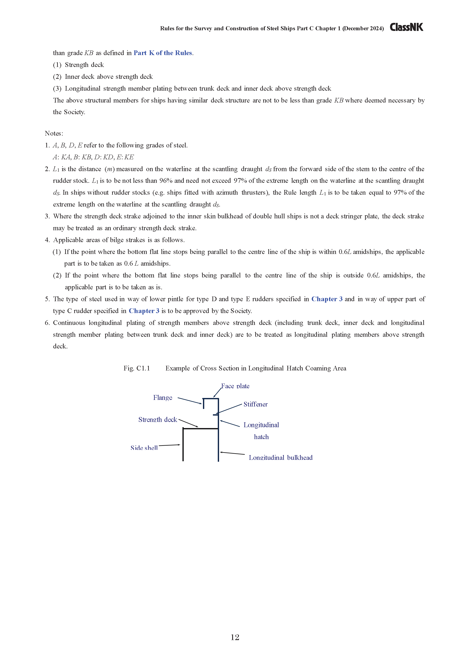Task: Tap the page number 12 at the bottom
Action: click(x=235, y=637)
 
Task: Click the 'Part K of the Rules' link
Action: click(x=163, y=53)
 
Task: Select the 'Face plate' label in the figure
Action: click(x=235, y=386)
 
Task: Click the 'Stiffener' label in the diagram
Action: click(x=255, y=404)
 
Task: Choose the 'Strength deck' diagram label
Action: click(x=157, y=420)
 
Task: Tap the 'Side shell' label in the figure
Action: click(x=144, y=448)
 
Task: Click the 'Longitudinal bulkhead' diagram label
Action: click(x=281, y=457)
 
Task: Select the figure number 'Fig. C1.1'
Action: click(x=137, y=368)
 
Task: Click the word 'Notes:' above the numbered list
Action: click(x=54, y=133)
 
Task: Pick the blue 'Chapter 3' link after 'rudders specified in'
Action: click(x=327, y=299)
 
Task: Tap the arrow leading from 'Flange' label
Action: click(x=190, y=401)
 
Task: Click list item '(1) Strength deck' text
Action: click(x=78, y=65)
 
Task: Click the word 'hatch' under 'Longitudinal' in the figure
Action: click(x=261, y=437)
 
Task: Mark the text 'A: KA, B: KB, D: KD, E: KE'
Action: click(x=93, y=157)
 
